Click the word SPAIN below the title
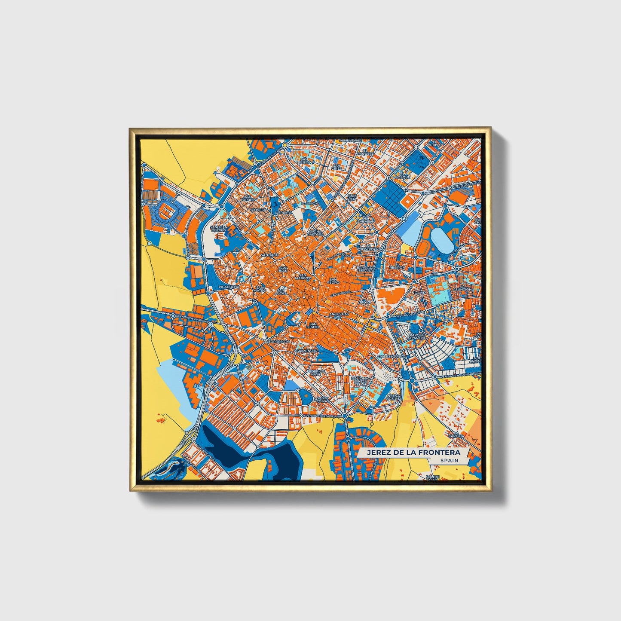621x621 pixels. (x=448, y=460)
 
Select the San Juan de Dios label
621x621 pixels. (x=218, y=228)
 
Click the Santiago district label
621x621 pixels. (x=270, y=255)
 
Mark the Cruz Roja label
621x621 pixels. (x=352, y=197)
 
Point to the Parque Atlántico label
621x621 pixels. (x=418, y=336)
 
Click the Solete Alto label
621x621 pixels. (x=432, y=477)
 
